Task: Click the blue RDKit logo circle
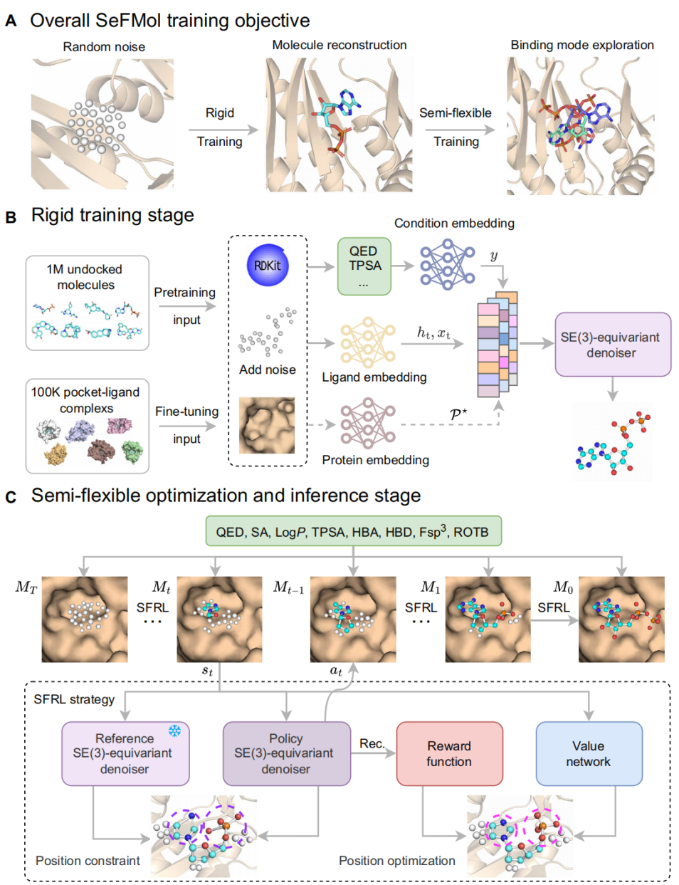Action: [267, 266]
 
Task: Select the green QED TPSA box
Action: [364, 266]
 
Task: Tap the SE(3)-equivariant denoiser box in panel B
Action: [612, 345]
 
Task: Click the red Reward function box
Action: [449, 753]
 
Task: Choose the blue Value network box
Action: [589, 753]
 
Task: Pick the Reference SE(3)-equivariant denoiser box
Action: [125, 753]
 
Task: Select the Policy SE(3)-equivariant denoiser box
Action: [286, 753]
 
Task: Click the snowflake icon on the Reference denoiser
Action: [174, 730]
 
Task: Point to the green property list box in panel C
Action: [353, 531]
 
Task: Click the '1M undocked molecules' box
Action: [87, 303]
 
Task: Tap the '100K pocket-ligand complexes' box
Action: [87, 426]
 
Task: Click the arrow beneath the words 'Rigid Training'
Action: [223, 130]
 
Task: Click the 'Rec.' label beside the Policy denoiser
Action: [372, 743]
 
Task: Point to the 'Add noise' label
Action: [267, 370]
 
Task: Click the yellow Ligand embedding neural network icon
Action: [368, 342]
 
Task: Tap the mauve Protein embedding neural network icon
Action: [368, 423]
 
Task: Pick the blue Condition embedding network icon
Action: [447, 265]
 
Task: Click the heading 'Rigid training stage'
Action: [112, 215]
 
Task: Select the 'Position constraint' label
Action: [88, 861]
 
